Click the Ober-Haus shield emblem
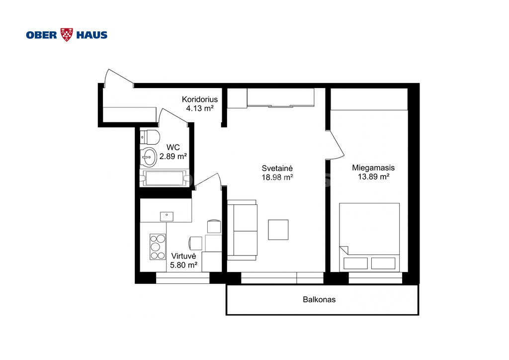coord(67,34)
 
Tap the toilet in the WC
coord(150,137)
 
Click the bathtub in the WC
coord(165,178)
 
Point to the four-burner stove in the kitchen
coord(158,247)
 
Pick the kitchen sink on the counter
coord(167,216)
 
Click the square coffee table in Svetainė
coord(278,230)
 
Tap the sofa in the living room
coord(242,230)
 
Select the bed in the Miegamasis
coord(369,237)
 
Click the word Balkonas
coord(319,300)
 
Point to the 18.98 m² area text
coord(277,177)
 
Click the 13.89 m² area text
coord(374,177)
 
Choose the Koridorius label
coord(200,99)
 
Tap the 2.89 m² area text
coord(173,157)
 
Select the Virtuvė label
coord(184,256)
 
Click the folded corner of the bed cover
coord(344,250)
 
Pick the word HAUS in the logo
coord(92,35)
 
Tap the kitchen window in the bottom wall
coord(183,278)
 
